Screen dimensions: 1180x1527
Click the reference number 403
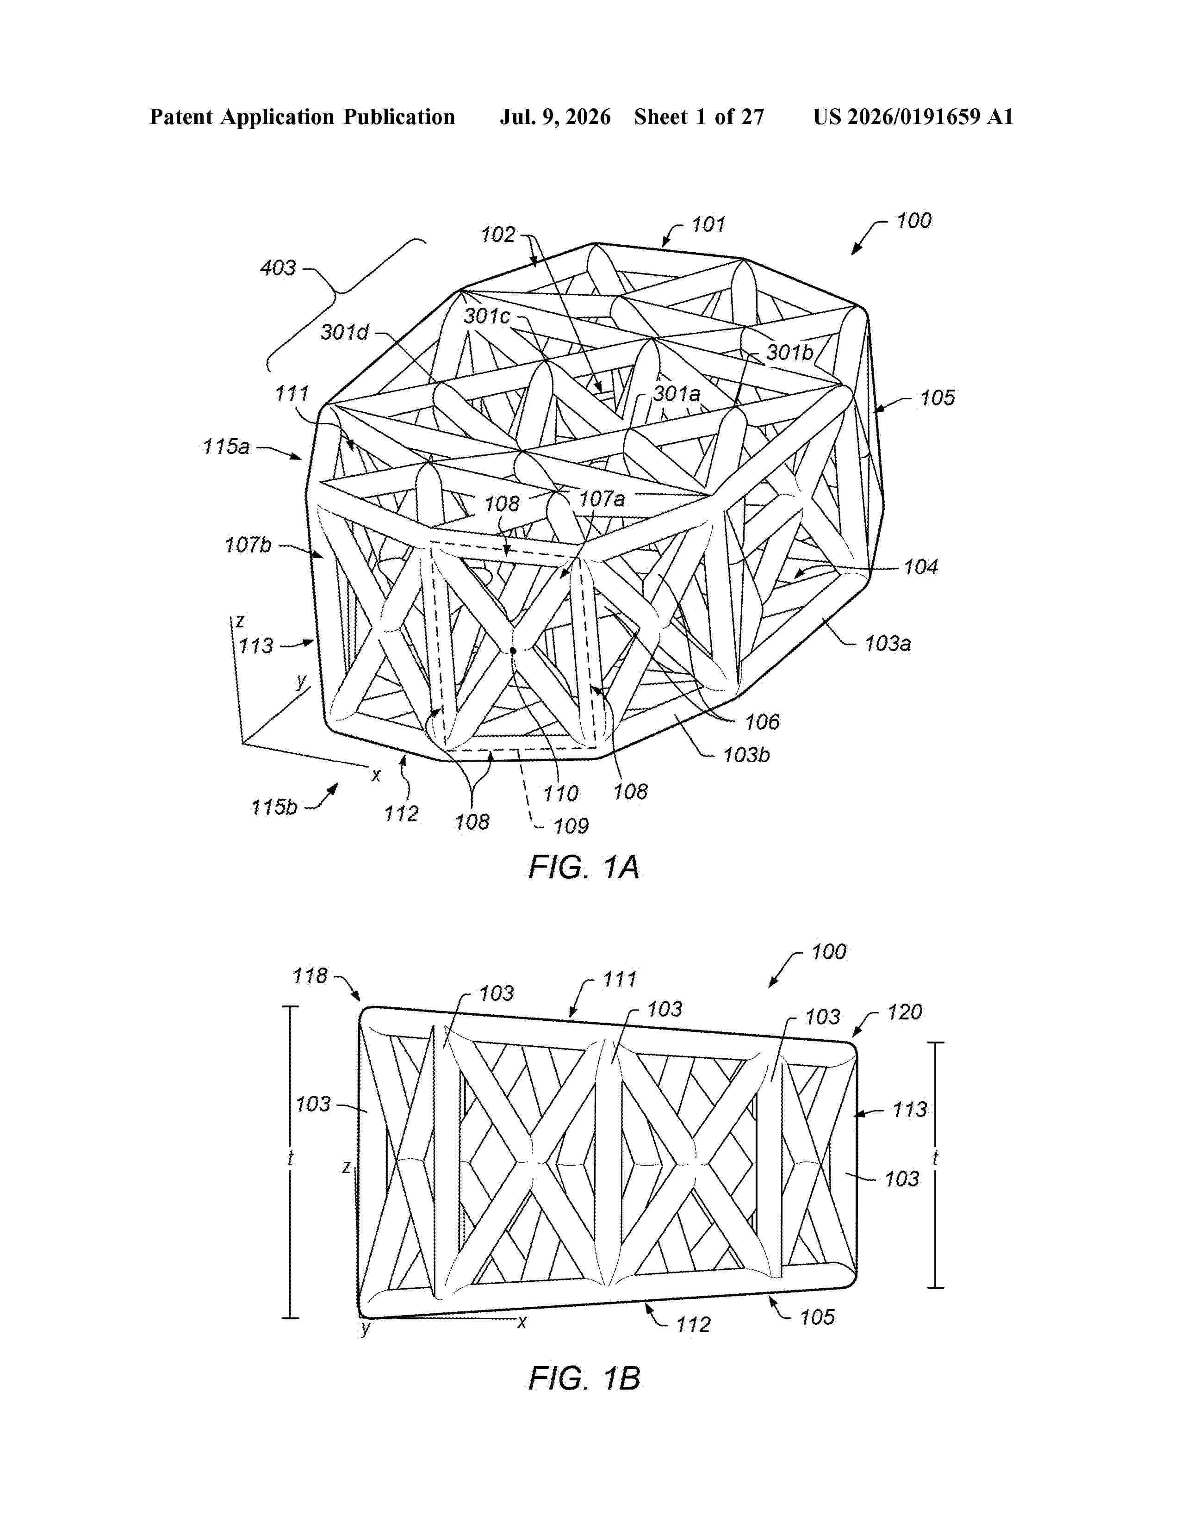[x=278, y=268]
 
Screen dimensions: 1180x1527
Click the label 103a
[x=888, y=643]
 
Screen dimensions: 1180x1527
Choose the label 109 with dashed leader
[x=571, y=826]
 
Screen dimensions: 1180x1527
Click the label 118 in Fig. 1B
[x=311, y=975]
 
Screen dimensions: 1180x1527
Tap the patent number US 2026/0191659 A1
[x=913, y=117]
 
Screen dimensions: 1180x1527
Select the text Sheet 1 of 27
[x=699, y=117]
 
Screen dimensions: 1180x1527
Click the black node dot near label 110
[x=513, y=650]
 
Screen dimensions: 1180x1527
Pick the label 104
[x=921, y=567]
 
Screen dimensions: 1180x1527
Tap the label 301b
[x=790, y=353]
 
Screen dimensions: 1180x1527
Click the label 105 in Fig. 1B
[x=816, y=1317]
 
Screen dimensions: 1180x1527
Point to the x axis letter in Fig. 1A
[x=376, y=775]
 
